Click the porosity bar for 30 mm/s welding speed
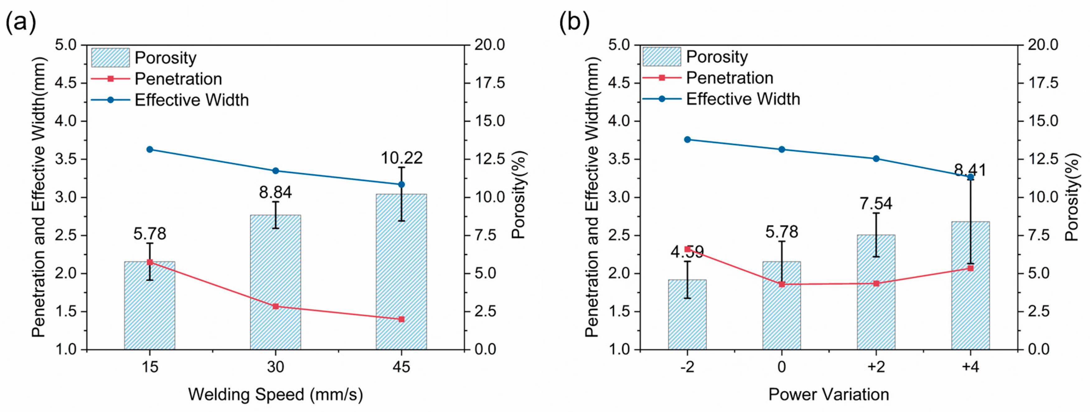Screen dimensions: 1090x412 [275, 282]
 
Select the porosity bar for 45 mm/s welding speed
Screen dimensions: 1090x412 [401, 272]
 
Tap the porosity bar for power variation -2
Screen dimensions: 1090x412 [687, 315]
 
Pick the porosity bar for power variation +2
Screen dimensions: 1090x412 [876, 292]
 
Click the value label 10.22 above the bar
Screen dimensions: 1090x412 [402, 158]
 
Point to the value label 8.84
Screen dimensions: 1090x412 [275, 193]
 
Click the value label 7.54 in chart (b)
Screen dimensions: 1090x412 [876, 204]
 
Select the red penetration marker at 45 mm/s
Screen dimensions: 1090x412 [402, 319]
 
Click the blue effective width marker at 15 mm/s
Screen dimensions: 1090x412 [149, 149]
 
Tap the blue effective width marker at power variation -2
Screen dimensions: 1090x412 [687, 140]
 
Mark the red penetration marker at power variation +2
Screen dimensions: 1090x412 [876, 283]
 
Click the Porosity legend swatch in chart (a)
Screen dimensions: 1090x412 [110, 58]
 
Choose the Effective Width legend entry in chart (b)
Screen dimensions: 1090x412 [721, 99]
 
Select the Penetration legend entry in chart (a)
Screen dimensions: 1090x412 [157, 79]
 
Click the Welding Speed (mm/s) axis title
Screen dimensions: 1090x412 [275, 395]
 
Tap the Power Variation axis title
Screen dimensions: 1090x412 [829, 394]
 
